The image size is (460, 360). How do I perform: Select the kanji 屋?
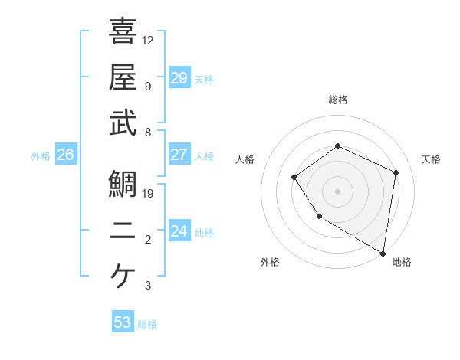[123, 77]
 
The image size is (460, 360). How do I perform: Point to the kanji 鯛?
[123, 184]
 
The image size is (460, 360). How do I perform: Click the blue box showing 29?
[179, 77]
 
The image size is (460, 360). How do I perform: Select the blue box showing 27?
[179, 155]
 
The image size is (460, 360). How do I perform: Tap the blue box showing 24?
[179, 231]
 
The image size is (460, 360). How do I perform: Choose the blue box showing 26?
[65, 155]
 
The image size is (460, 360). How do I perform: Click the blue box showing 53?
[123, 322]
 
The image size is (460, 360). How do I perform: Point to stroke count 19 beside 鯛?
[149, 193]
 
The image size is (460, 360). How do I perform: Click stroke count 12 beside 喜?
[148, 40]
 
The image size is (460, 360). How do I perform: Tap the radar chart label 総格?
[337, 100]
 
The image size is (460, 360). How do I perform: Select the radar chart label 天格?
[432, 159]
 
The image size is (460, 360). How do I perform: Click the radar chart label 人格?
[245, 159]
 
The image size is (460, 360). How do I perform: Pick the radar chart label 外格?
[269, 262]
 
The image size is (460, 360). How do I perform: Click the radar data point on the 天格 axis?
[396, 172]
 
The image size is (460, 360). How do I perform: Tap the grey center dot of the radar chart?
[337, 191]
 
